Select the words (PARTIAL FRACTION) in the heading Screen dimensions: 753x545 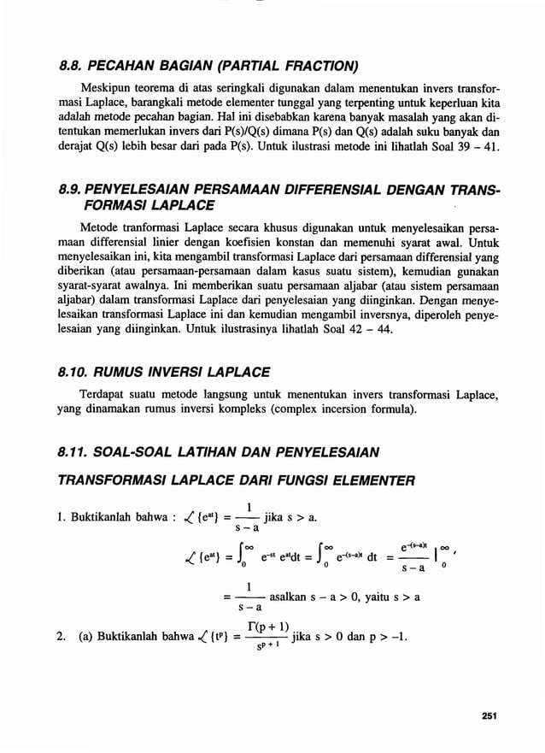point(286,66)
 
